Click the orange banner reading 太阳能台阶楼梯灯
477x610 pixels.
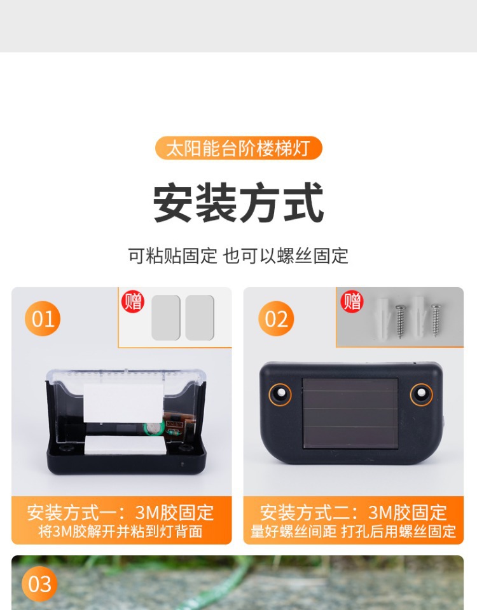[238, 148]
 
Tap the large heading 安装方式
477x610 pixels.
[238, 203]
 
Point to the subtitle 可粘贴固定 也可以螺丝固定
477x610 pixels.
[238, 256]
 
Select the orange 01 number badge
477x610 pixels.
[43, 318]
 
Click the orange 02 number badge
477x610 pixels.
[276, 318]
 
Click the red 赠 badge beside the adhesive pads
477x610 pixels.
[133, 301]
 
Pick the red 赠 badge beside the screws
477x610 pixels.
[352, 301]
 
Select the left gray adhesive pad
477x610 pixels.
[166, 318]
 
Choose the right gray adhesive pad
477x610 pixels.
[200, 318]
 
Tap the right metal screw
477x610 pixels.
[436, 320]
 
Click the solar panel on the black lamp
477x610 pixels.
[350, 413]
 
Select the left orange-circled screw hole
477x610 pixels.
[280, 394]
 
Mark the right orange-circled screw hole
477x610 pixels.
[421, 394]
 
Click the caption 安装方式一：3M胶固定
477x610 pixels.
[121, 512]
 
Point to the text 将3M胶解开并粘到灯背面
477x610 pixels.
[121, 531]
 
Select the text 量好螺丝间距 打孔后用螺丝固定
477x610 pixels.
[353, 531]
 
